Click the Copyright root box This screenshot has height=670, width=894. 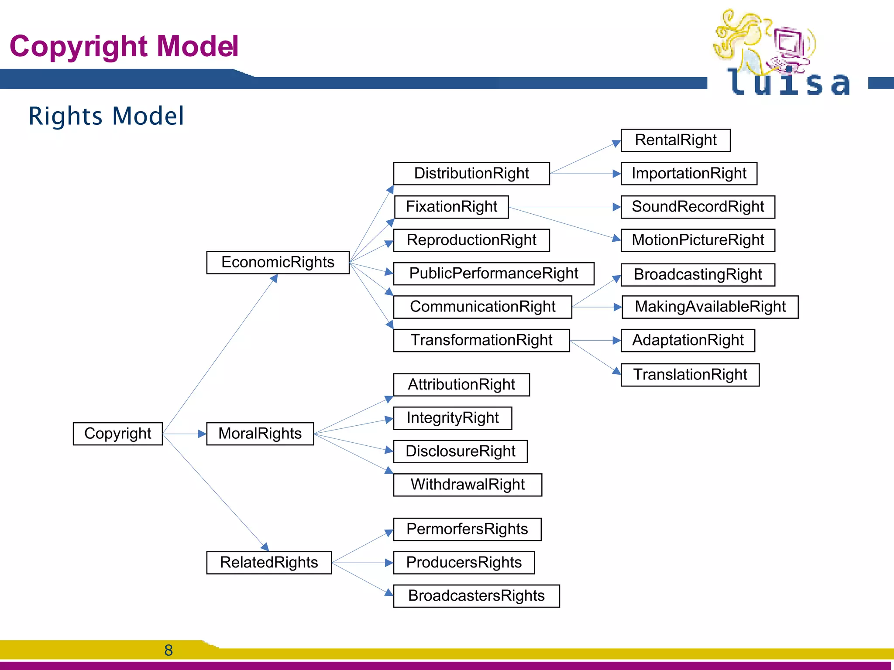pyautogui.click(x=117, y=434)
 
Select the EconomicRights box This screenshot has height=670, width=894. pyautogui.click(x=278, y=262)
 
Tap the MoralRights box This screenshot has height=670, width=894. pyautogui.click(x=260, y=434)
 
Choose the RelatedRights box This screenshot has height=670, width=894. pyautogui.click(x=269, y=562)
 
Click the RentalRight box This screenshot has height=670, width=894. pyautogui.click(x=675, y=140)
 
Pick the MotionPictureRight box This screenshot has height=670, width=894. pyautogui.click(x=698, y=240)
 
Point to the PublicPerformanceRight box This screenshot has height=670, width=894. pyautogui.click(x=493, y=273)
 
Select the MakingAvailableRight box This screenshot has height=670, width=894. pyautogui.click(x=710, y=307)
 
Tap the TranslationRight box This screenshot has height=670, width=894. pyautogui.click(x=690, y=375)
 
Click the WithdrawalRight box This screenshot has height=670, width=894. pyautogui.click(x=467, y=485)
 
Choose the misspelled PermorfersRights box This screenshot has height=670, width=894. pyautogui.click(x=467, y=529)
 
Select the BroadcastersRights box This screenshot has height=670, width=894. pyautogui.click(x=476, y=596)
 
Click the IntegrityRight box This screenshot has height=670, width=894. pyautogui.click(x=452, y=418)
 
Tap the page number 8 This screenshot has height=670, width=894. pyautogui.click(x=168, y=650)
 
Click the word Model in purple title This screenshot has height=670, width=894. pyautogui.click(x=197, y=46)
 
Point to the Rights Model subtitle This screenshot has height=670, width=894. pyautogui.click(x=106, y=116)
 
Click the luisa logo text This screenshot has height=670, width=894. pyautogui.click(x=788, y=83)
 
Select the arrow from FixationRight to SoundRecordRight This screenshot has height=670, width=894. pyautogui.click(x=563, y=207)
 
